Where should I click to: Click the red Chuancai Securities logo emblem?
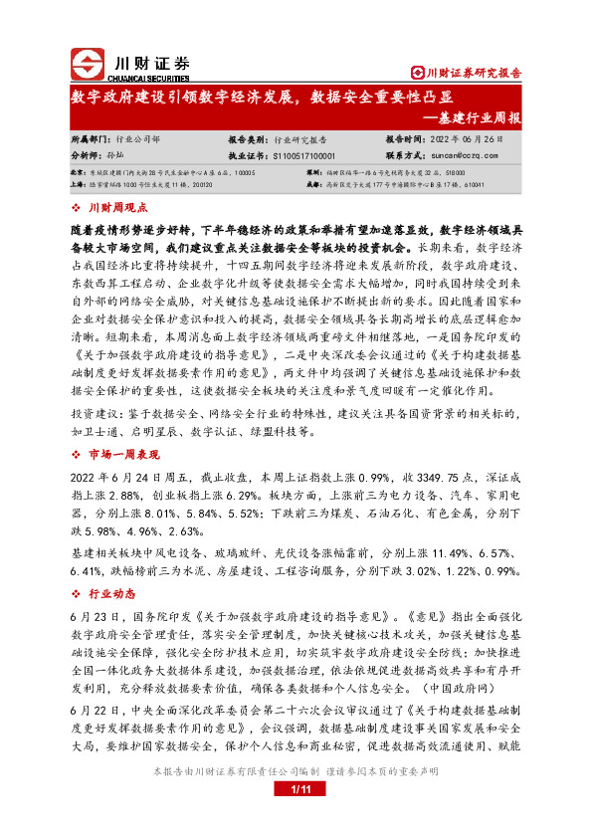pyautogui.click(x=88, y=63)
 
